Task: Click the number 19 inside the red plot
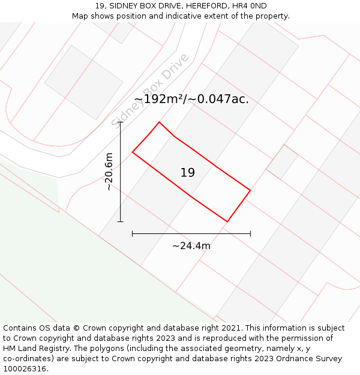[188, 173]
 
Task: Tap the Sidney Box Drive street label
[150, 91]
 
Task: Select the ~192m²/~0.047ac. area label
[191, 99]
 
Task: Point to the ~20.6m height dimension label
[109, 172]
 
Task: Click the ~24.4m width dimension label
[191, 245]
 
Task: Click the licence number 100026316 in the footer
[24, 369]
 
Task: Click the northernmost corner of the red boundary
[159, 122]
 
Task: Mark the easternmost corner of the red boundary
[250, 191]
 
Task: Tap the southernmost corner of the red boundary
[227, 221]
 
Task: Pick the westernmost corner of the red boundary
[132, 152]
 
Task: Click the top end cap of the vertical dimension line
[121, 122]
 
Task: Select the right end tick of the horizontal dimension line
[250, 233]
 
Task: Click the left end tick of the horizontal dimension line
[132, 233]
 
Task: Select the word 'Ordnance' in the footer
[287, 359]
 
